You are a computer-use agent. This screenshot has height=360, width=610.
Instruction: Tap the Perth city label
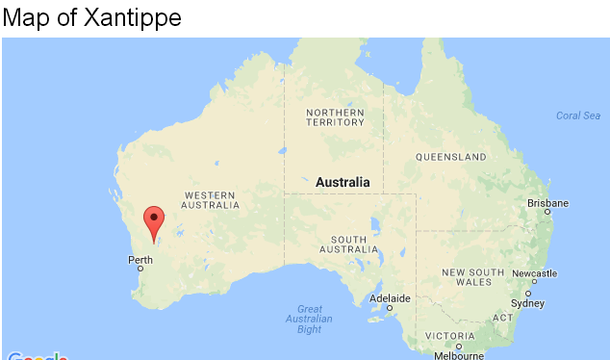(x=140, y=259)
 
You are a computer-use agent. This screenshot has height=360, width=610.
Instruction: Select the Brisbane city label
(x=547, y=203)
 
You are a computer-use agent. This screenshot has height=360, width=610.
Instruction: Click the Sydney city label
(x=527, y=303)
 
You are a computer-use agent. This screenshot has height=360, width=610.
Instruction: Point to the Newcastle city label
(x=534, y=273)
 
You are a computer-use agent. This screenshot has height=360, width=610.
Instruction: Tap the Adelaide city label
(x=390, y=298)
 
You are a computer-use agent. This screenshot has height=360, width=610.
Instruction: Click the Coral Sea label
(x=578, y=116)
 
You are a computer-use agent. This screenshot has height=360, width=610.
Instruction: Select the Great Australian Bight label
(x=309, y=319)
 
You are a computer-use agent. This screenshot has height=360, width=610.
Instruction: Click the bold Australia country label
(x=343, y=182)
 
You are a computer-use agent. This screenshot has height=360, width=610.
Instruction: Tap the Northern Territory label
(x=335, y=117)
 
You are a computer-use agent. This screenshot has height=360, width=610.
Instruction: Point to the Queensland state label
(x=450, y=156)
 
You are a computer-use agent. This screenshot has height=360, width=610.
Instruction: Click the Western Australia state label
(x=211, y=199)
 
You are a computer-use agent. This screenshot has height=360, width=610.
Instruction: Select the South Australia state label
(x=348, y=244)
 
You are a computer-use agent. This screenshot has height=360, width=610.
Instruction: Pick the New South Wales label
(x=472, y=277)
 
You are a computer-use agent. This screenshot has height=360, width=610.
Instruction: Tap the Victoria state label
(x=450, y=335)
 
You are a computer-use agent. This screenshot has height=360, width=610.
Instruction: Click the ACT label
(x=502, y=318)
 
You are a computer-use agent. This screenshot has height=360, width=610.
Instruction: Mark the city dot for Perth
(x=140, y=269)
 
